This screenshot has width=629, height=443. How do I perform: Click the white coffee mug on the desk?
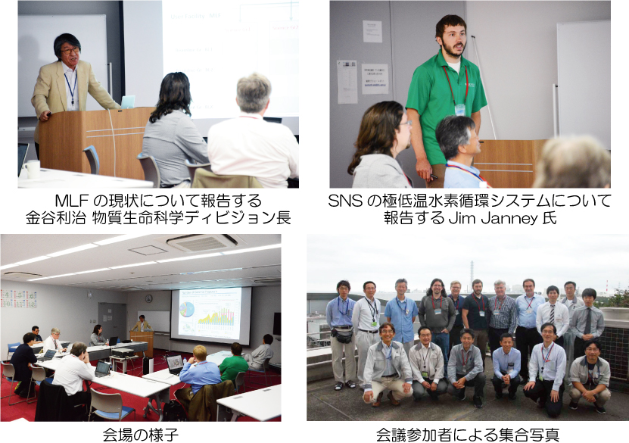pyautogui.click(x=33, y=169)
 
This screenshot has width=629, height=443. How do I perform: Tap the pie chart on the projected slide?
pyautogui.click(x=186, y=310)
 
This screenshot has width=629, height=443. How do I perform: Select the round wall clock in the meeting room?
pyautogui.click(x=149, y=298)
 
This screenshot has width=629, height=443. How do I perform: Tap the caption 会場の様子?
pyautogui.click(x=140, y=435)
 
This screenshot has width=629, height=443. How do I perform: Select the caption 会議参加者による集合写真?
pyautogui.click(x=467, y=435)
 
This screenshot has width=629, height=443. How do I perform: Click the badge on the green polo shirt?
pyautogui.click(x=460, y=110)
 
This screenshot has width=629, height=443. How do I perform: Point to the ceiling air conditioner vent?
pyautogui.click(x=202, y=242)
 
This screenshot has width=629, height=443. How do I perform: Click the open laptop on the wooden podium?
pyautogui.click(x=128, y=102)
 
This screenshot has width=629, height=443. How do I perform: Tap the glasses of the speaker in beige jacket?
pyautogui.click(x=70, y=51)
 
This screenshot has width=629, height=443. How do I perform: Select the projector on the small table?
pyautogui.click(x=122, y=353)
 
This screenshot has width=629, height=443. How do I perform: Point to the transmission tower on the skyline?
pyautogui.click(x=472, y=273)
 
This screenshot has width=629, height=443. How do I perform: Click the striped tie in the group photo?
pyautogui.click(x=553, y=314)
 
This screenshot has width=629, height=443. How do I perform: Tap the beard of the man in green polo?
pyautogui.click(x=453, y=50)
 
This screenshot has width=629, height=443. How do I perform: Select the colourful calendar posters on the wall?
pyautogui.click(x=18, y=299)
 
